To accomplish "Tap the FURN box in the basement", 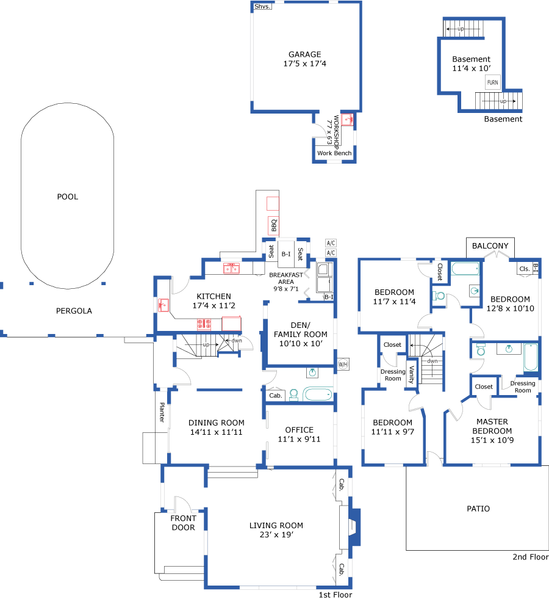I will coord(492,82).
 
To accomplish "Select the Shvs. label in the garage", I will coord(262,6).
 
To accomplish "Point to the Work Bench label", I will coord(334,153).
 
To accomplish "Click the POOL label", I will coord(68,197).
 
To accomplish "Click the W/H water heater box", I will coord(343,365).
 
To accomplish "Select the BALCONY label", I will coord(490,246).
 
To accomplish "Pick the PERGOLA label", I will coord(74,311).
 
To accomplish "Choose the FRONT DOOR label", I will coord(183,523).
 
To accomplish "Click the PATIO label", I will coord(478,508).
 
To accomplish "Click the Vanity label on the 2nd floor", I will coord(412,374).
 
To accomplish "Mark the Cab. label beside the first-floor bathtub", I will coord(275,396).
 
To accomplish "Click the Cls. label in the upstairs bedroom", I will coord(524,268).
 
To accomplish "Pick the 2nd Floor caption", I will coord(531,557).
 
